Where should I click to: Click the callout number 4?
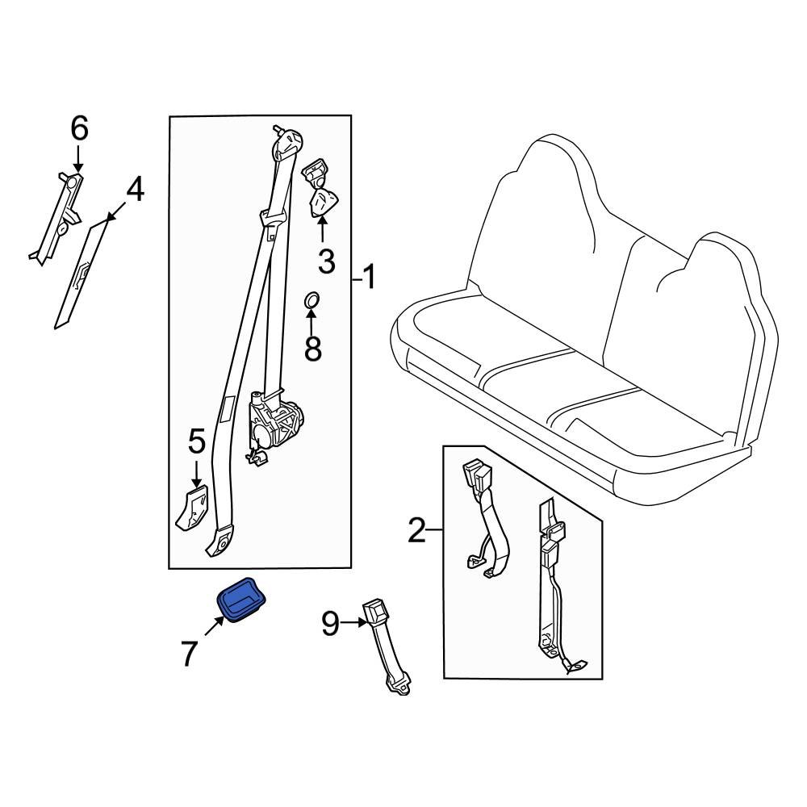134,190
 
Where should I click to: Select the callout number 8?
313,348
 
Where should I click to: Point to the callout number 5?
197,442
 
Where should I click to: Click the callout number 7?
189,653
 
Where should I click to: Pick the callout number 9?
330,623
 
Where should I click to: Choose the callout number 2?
417,531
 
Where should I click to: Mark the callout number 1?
369,278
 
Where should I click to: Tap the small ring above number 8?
312,300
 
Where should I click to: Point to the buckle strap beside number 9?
387,647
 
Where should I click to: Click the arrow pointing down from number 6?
78,158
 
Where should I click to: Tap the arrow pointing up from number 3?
322,229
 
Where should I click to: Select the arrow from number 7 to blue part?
215,626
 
